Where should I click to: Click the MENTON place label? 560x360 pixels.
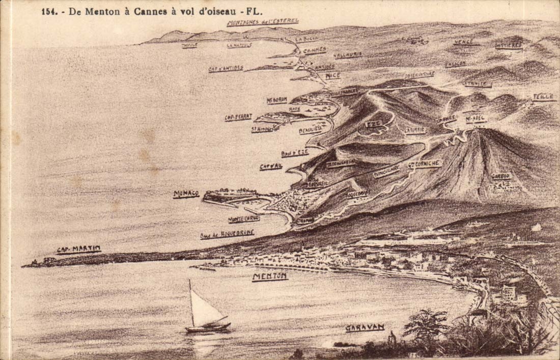coord(270,276)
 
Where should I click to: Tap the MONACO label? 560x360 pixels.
coord(186,194)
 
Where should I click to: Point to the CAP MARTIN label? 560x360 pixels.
coord(78,250)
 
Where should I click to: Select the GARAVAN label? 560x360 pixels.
coord(365,328)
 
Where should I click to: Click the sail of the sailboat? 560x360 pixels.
coord(204,309)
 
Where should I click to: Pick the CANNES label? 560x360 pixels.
coord(315,50)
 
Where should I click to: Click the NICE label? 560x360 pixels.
coord(333,76)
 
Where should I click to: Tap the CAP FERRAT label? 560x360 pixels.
coord(238,117)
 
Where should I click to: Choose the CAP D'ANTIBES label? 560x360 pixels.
coord(226,69)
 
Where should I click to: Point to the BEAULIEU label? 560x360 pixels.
coord(311,131)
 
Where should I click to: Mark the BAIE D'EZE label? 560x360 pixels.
coord(295,153)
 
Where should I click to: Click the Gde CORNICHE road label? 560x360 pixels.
coord(425,164)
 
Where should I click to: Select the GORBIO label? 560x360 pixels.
coord(501,176)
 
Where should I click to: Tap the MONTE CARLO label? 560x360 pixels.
coord(244,219)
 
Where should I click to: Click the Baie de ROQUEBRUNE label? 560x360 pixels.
coord(227,234)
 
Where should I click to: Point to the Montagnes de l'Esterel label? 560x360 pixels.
coord(263,22)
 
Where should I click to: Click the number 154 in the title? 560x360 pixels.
coord(49,10)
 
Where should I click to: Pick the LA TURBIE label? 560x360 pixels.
coord(415,130)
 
